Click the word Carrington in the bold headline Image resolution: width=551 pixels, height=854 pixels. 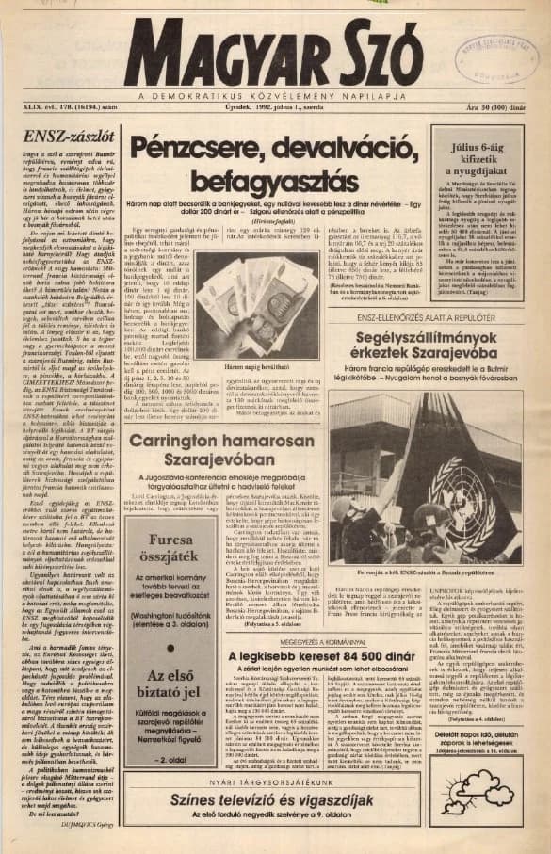(x=195, y=443)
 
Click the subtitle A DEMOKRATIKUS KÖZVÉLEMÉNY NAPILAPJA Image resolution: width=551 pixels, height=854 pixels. (x=274, y=96)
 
